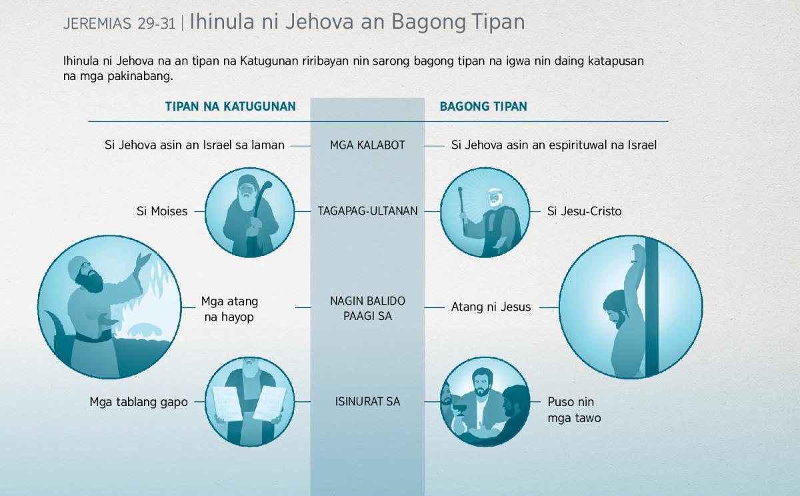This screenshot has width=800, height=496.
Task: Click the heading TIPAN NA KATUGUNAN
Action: click(x=231, y=107)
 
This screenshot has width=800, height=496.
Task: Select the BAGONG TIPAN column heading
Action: click(x=483, y=107)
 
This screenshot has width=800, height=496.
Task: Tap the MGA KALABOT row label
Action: click(x=367, y=145)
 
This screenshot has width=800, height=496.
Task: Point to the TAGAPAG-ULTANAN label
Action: click(x=367, y=211)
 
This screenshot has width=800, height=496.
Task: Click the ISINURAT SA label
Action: click(x=367, y=402)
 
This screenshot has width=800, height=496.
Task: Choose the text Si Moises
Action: click(x=162, y=211)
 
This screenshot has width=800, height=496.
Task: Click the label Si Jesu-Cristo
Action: click(x=584, y=211)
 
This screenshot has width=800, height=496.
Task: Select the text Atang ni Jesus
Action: click(x=491, y=307)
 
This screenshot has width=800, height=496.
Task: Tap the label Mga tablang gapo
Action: click(x=139, y=402)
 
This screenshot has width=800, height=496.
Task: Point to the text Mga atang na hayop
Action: click(x=229, y=309)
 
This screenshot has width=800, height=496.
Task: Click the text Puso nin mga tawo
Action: click(x=574, y=409)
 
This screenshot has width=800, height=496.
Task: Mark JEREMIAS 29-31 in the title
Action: click(x=119, y=23)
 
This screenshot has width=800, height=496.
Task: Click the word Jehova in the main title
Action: click(x=319, y=21)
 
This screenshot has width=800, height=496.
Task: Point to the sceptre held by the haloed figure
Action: click(x=462, y=211)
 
